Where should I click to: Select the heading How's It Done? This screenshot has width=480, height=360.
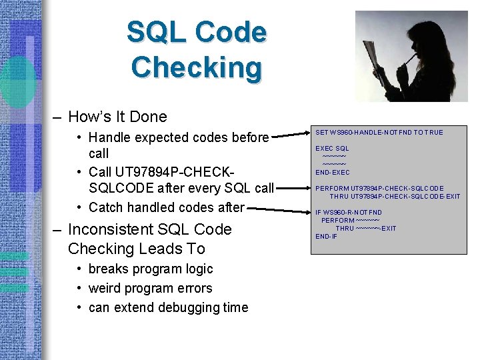pos(117,117)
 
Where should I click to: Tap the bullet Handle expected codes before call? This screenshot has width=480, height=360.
pos(178,138)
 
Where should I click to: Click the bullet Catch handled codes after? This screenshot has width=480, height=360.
pos(166,207)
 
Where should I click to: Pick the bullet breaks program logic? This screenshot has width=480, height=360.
pos(151,269)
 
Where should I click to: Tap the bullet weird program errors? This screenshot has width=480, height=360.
pos(150,288)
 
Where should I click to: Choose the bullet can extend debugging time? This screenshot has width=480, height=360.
pos(168,307)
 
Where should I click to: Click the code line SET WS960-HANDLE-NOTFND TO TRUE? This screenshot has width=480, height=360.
pos(379,133)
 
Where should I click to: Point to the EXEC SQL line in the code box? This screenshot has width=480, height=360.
pos(332,148)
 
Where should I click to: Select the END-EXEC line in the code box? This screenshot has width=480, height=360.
pos(333,173)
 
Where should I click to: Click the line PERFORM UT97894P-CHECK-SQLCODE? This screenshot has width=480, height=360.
pos(379,189)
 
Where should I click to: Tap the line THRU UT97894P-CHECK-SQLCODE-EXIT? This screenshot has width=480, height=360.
pos(395,197)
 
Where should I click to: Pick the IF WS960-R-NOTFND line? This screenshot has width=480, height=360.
pos(349,213)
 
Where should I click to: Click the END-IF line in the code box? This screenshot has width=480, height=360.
pos(326,237)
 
